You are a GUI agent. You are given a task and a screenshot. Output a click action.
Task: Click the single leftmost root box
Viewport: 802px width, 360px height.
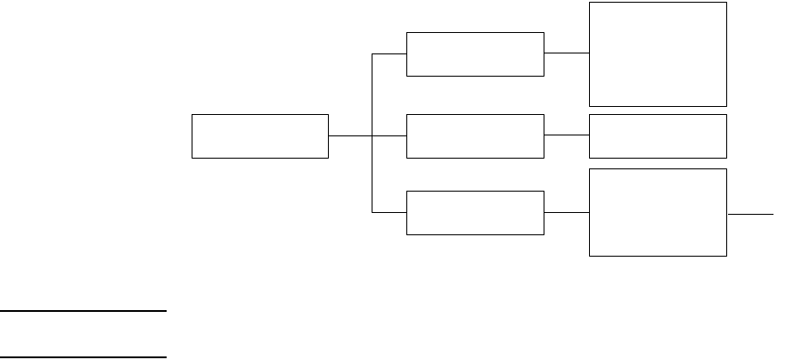coord(260,136)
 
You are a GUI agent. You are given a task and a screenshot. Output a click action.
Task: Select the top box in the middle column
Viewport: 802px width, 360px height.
coord(475,54)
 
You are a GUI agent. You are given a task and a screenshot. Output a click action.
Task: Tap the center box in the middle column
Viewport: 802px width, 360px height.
coord(475,136)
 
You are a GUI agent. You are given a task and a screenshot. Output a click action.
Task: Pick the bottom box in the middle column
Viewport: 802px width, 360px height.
coord(475,213)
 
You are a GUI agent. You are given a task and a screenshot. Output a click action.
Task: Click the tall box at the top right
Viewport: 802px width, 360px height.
coord(658,53)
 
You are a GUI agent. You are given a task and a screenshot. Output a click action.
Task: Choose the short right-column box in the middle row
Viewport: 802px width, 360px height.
coord(658,136)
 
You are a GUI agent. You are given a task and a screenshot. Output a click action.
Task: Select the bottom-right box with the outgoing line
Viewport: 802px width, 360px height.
coord(658,212)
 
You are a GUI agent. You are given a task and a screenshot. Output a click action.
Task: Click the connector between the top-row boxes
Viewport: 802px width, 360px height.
coord(567,53)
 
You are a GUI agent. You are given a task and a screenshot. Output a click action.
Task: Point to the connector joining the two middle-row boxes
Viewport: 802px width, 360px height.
coord(567,136)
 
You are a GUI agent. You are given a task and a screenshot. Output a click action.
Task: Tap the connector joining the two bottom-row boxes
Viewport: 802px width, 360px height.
coord(567,213)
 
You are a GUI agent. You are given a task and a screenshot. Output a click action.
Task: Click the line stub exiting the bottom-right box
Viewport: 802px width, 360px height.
coord(750,214)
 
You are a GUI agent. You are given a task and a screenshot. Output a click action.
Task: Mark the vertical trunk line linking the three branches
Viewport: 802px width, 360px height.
coord(372,175)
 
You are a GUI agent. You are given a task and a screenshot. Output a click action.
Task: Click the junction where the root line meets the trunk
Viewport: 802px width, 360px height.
coord(372,136)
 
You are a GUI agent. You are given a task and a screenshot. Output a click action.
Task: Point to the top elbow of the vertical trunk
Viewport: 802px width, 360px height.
coord(372,54)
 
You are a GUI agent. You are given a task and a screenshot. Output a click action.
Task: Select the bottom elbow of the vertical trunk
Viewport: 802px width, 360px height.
coord(372,213)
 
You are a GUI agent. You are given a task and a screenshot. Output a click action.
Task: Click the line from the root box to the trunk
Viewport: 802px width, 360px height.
coord(349,136)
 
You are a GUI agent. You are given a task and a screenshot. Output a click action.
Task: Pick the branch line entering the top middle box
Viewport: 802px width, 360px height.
coord(389,54)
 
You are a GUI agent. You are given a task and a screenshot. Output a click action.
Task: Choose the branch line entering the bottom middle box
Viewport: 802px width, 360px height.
coord(389,213)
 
